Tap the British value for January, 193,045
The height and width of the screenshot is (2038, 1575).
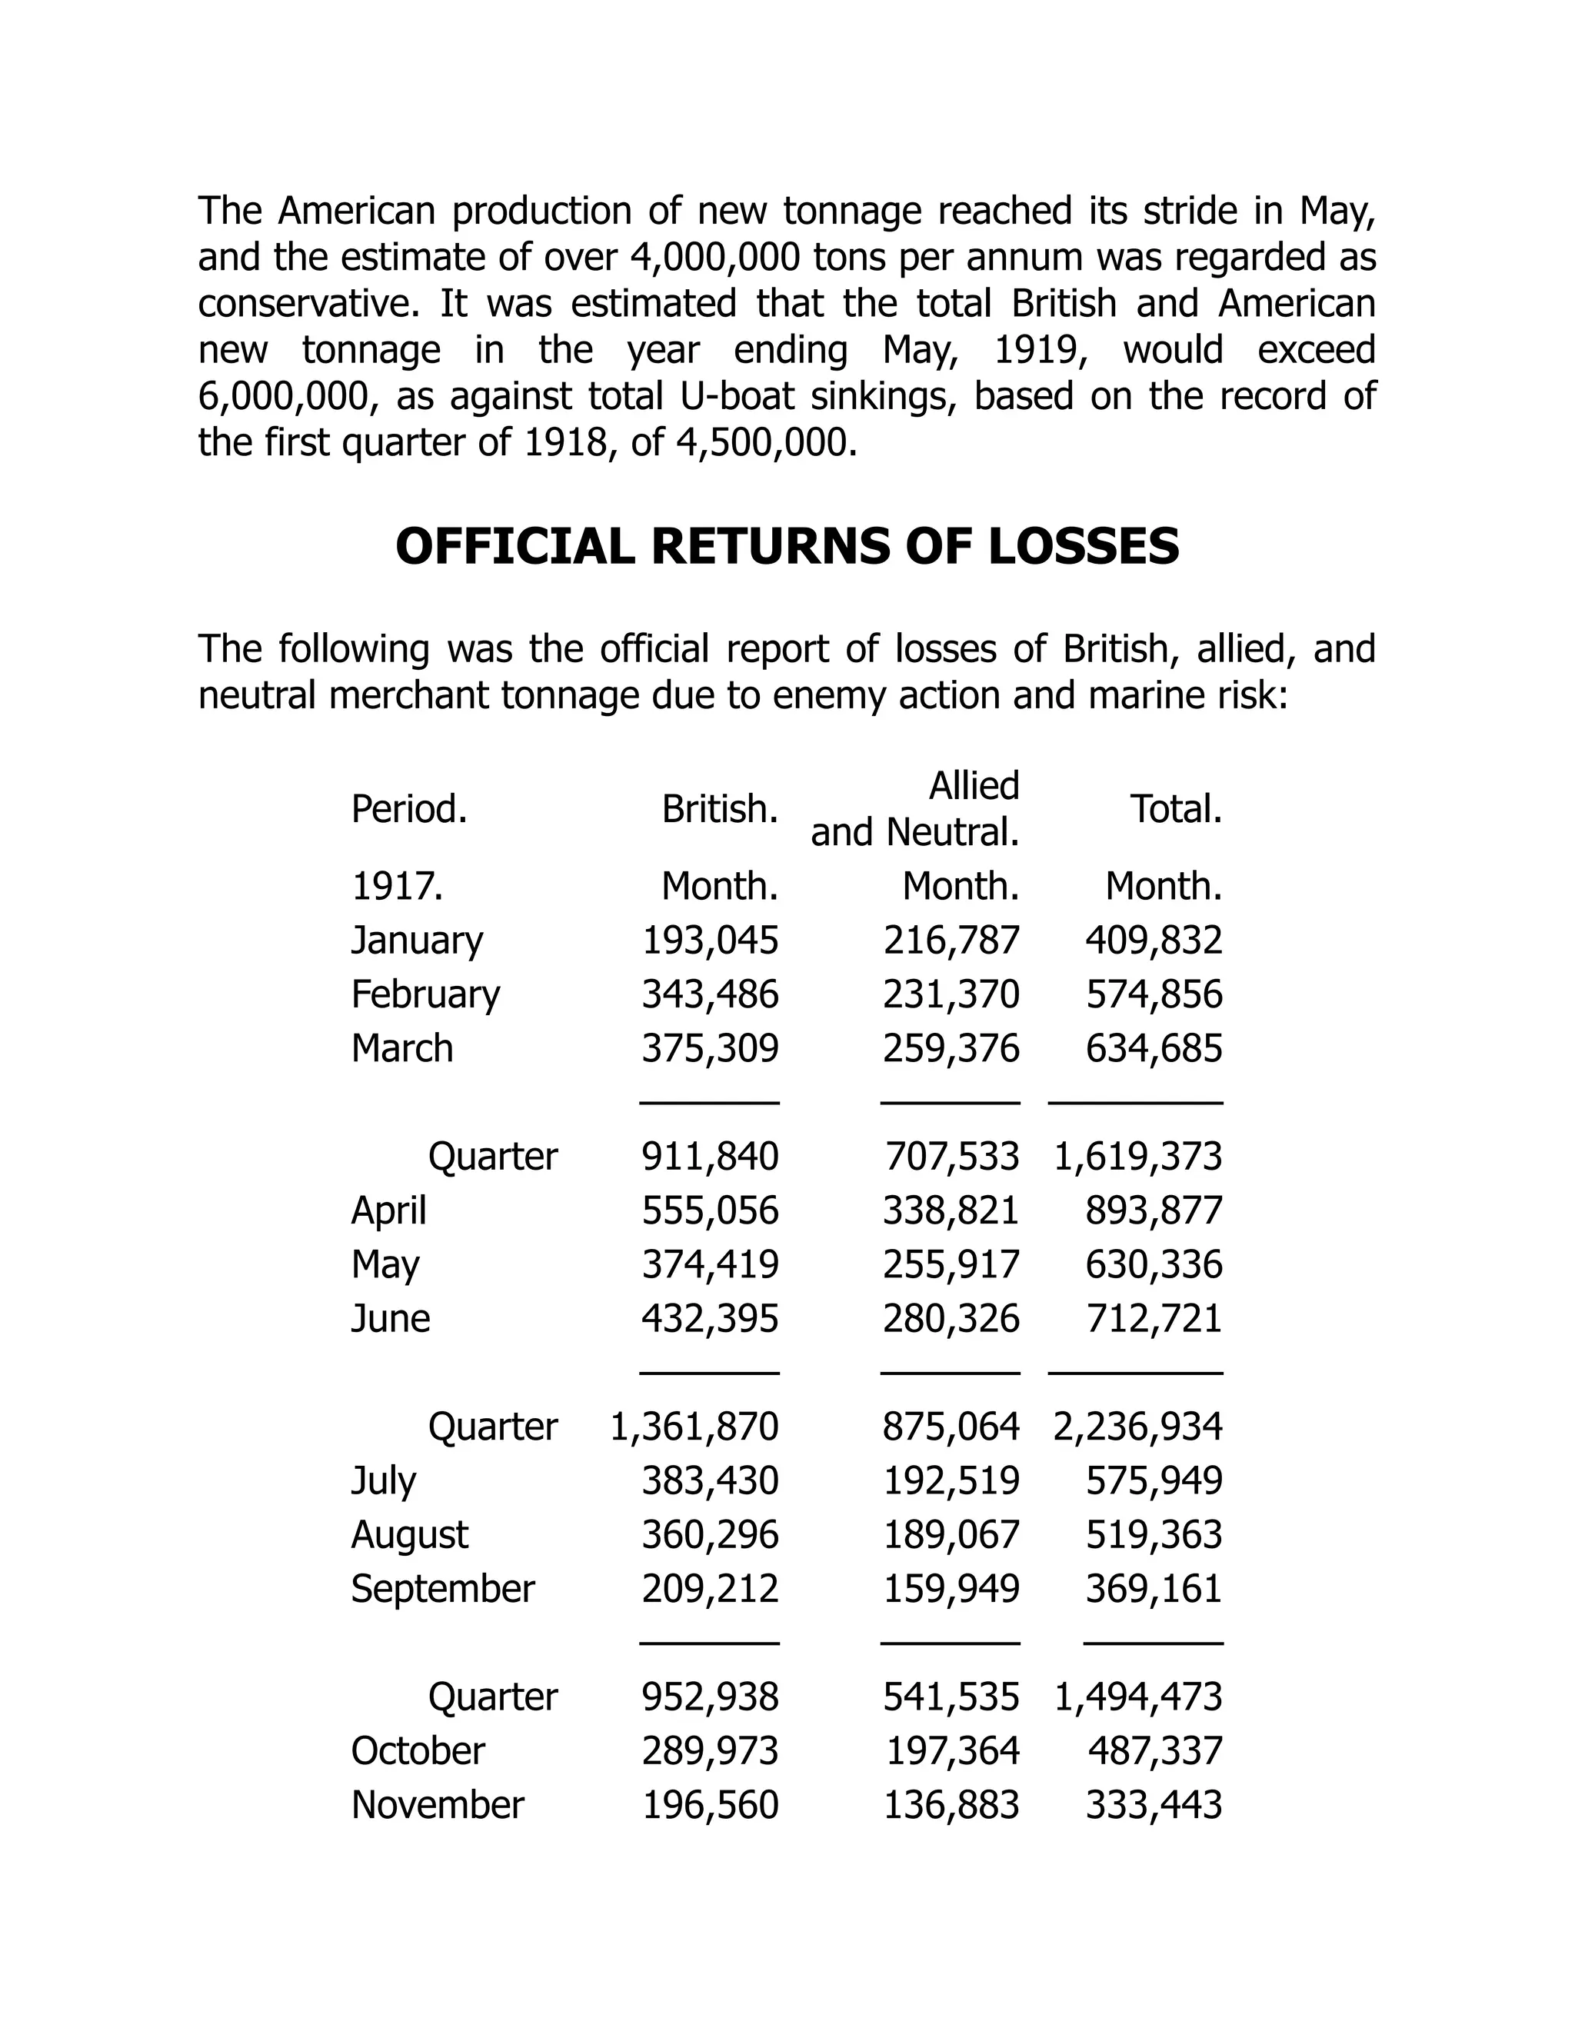click(x=709, y=940)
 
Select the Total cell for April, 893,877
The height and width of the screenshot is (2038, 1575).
click(x=1154, y=1210)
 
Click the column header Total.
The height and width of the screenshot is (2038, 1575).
click(x=1176, y=809)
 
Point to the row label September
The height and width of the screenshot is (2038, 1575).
click(x=442, y=1588)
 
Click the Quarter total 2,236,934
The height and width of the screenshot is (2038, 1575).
click(x=1137, y=1426)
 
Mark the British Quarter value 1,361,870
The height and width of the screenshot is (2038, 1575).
click(x=694, y=1426)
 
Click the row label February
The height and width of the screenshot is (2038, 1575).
click(x=425, y=994)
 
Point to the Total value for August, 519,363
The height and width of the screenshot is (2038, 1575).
click(x=1154, y=1534)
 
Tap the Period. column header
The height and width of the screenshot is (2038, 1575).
click(x=408, y=809)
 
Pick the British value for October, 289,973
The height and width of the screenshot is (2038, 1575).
click(x=709, y=1750)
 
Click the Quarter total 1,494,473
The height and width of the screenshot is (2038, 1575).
click(x=1137, y=1697)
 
